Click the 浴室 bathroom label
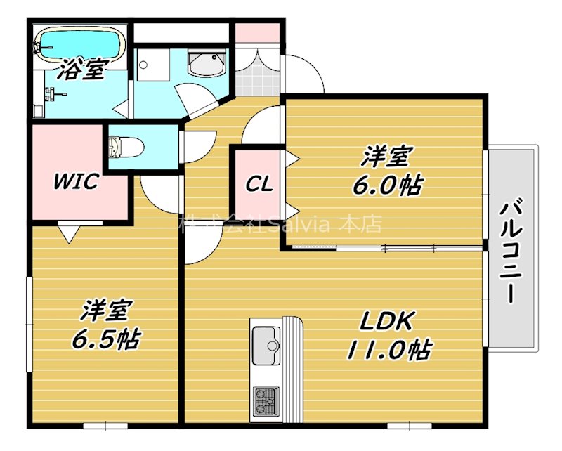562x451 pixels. (82, 70)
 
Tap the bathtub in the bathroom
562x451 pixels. (79, 44)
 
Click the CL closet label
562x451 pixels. (259, 184)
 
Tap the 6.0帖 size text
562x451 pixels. (388, 185)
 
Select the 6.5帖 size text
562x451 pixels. (105, 339)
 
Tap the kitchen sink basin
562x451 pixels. (266, 342)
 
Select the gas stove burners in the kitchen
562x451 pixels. (265, 402)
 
